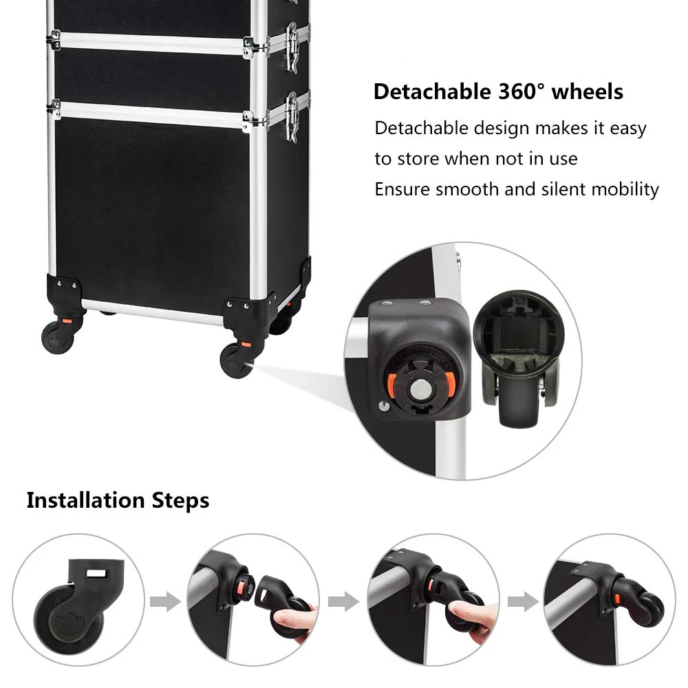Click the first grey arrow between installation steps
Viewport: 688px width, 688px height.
click(164, 603)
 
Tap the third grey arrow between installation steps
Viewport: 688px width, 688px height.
click(523, 603)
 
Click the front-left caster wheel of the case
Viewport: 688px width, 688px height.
click(56, 336)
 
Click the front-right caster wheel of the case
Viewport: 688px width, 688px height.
click(236, 360)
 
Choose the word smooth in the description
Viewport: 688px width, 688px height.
click(463, 189)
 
